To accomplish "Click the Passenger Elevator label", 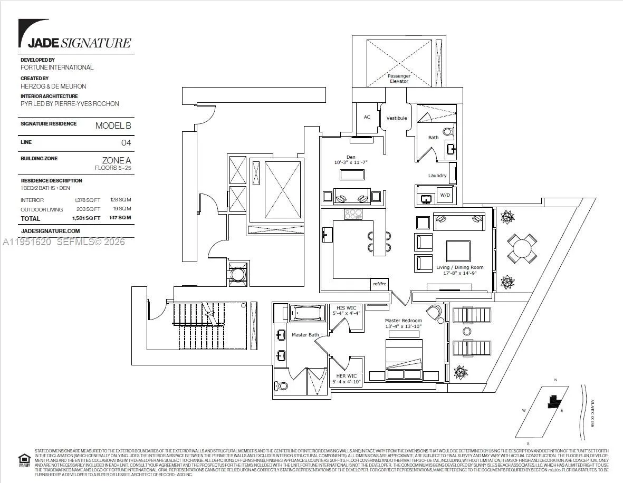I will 399,79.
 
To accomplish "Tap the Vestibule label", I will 397,118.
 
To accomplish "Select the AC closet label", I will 367,117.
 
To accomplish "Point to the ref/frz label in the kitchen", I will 379,284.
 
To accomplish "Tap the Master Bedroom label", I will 404,321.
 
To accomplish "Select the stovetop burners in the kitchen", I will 352,214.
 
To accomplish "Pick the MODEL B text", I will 113,125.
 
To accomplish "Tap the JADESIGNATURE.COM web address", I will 50,231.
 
